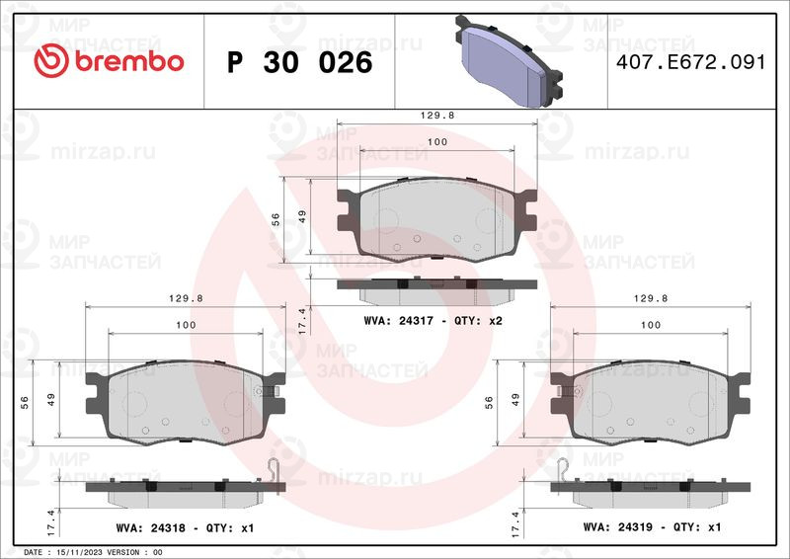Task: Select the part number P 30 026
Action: point(299,62)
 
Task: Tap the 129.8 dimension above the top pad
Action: point(437,115)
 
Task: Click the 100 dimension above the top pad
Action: point(437,143)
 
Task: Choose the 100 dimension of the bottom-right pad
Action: point(651,325)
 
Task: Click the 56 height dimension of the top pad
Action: point(277,221)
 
